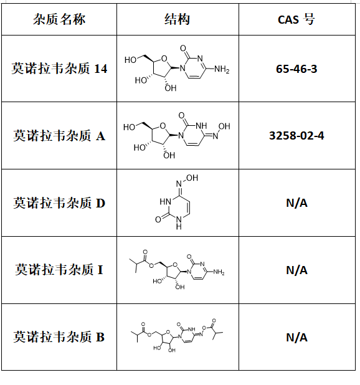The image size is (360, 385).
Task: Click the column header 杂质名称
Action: pyautogui.click(x=59, y=19)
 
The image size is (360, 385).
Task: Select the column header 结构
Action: pyautogui.click(x=177, y=19)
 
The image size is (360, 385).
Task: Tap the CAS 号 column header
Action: pyautogui.click(x=296, y=19)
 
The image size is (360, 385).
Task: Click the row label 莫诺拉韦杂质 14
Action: pyautogui.click(x=59, y=69)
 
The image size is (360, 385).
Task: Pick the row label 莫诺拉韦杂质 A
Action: pyautogui.click(x=59, y=136)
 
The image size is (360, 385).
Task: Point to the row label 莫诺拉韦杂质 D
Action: pyautogui.click(x=59, y=203)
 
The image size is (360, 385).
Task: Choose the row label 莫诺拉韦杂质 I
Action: pyautogui.click(x=59, y=270)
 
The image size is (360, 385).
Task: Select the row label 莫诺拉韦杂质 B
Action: pyautogui.click(x=59, y=336)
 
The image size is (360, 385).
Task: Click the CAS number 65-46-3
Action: pyautogui.click(x=296, y=69)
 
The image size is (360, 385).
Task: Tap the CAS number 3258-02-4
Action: pyautogui.click(x=296, y=136)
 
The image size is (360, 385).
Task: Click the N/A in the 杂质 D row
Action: pyautogui.click(x=296, y=203)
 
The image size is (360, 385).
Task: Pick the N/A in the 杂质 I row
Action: pyautogui.click(x=296, y=270)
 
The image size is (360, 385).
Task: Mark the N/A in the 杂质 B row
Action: pyautogui.click(x=296, y=338)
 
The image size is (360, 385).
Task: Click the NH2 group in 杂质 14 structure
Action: pyautogui.click(x=222, y=70)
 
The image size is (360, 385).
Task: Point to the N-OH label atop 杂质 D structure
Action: pyautogui.click(x=187, y=181)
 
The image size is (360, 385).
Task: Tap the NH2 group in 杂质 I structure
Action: pyautogui.click(x=219, y=272)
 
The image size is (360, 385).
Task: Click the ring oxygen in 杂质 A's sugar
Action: pyautogui.click(x=163, y=126)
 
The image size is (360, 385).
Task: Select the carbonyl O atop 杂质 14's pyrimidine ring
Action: pyautogui.click(x=183, y=48)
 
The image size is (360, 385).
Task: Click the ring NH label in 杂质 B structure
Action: pyautogui.click(x=191, y=329)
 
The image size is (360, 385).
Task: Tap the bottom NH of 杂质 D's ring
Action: pyautogui.click(x=179, y=222)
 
